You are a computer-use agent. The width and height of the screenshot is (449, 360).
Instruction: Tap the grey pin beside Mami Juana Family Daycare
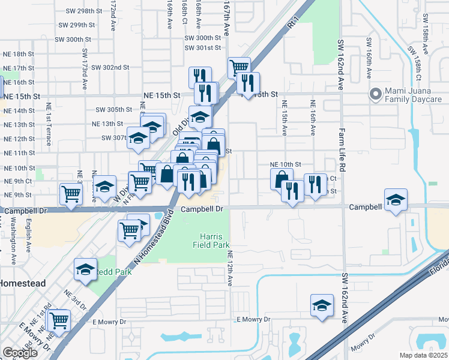[376, 94]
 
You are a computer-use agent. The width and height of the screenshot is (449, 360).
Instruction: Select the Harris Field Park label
[211, 240]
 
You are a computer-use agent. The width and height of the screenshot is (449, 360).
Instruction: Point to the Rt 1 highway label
[294, 23]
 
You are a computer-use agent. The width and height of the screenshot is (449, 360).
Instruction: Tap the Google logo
[20, 353]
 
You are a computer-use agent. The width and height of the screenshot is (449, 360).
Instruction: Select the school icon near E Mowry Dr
[322, 305]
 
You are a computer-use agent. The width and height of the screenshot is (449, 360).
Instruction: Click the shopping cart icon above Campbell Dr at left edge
[71, 194]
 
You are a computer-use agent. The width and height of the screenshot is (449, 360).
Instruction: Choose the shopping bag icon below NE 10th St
[282, 179]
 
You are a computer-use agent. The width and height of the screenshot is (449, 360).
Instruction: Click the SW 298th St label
[77, 11]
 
